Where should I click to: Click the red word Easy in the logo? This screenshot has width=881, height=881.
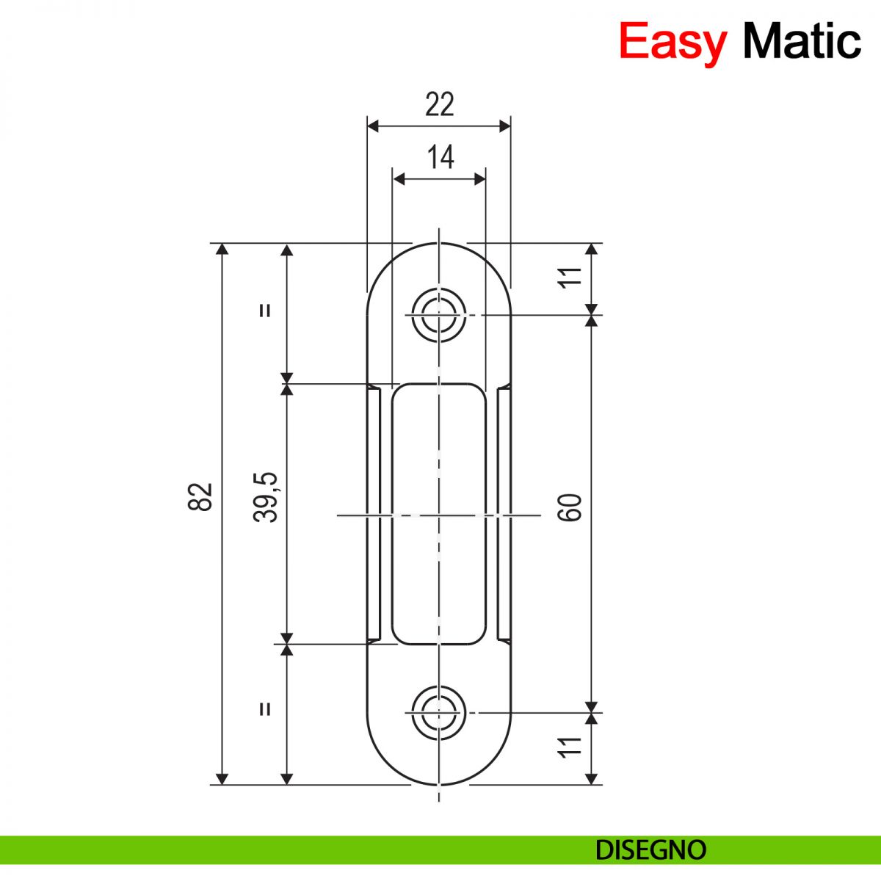tap(672, 41)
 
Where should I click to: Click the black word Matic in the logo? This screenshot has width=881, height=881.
tap(801, 41)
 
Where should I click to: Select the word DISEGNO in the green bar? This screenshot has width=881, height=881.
tap(650, 850)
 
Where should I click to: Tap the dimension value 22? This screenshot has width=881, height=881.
tap(439, 105)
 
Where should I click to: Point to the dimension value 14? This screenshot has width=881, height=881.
tap(440, 157)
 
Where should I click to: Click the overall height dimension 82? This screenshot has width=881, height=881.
tap(200, 497)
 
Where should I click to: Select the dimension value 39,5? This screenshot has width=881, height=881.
tap(266, 497)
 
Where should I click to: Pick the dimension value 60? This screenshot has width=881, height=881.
tap(570, 507)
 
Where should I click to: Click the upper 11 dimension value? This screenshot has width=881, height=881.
tap(570, 277)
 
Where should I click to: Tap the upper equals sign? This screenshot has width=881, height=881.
tap(265, 310)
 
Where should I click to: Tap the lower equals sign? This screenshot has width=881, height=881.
tap(265, 708)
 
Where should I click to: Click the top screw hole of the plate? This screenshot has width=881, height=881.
tap(439, 316)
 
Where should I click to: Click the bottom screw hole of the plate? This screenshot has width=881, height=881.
tap(439, 712)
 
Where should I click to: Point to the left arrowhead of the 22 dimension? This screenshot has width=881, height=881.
tap(372, 126)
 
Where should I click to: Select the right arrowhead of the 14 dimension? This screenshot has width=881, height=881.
tap(480, 178)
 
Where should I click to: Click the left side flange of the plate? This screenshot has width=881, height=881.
tap(374, 514)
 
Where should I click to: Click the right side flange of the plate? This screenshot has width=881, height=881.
tap(504, 514)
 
